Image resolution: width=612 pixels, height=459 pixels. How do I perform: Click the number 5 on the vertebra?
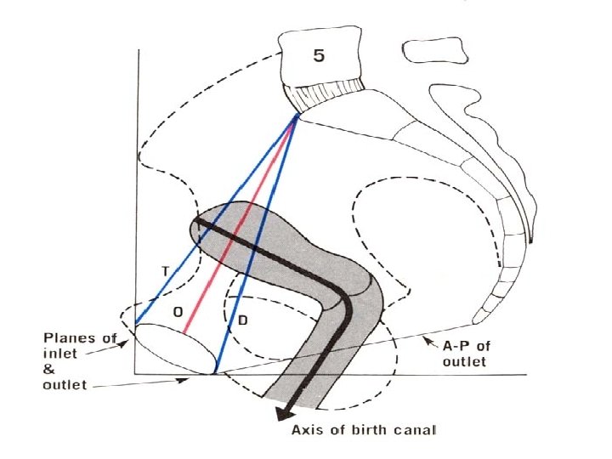tap(319, 55)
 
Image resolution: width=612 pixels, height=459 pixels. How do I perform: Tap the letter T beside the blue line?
tap(166, 271)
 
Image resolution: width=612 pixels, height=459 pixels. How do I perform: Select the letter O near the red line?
tap(178, 312)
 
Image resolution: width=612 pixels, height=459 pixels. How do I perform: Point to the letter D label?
tap(242, 320)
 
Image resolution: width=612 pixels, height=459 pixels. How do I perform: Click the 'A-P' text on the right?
tap(459, 344)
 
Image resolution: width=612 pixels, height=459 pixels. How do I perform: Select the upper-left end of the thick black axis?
tap(195, 220)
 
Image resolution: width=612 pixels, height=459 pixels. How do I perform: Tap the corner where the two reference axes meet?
tap(137, 373)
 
